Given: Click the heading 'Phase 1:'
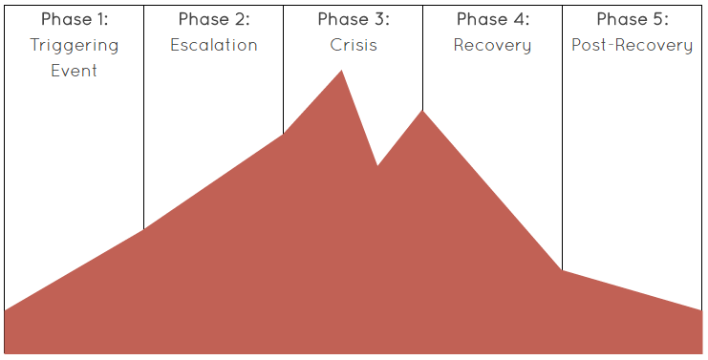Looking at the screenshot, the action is (x=75, y=19).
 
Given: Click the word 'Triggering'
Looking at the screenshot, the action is (x=75, y=46).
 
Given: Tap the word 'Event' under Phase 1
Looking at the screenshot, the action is (x=75, y=70).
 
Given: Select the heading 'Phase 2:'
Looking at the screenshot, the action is (x=214, y=19).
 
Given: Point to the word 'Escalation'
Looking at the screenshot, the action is (x=214, y=45).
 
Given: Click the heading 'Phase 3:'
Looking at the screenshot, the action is (x=354, y=19).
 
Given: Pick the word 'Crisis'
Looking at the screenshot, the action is (x=354, y=45).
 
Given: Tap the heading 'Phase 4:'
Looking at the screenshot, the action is (x=493, y=19).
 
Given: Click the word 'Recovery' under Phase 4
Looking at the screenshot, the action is (x=493, y=46).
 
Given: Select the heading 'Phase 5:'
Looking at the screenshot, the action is (x=633, y=19).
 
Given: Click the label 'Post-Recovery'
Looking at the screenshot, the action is (x=633, y=46).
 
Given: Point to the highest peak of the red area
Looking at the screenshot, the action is (x=341, y=72).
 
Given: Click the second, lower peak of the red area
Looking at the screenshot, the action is (x=422, y=112).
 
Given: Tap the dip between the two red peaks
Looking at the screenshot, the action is (x=377, y=165).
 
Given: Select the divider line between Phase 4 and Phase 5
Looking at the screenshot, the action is (x=562, y=143).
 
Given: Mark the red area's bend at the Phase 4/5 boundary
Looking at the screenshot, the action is (x=562, y=271).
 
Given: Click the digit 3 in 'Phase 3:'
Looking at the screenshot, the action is (x=379, y=19).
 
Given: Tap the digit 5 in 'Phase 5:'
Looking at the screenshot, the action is (x=658, y=19).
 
